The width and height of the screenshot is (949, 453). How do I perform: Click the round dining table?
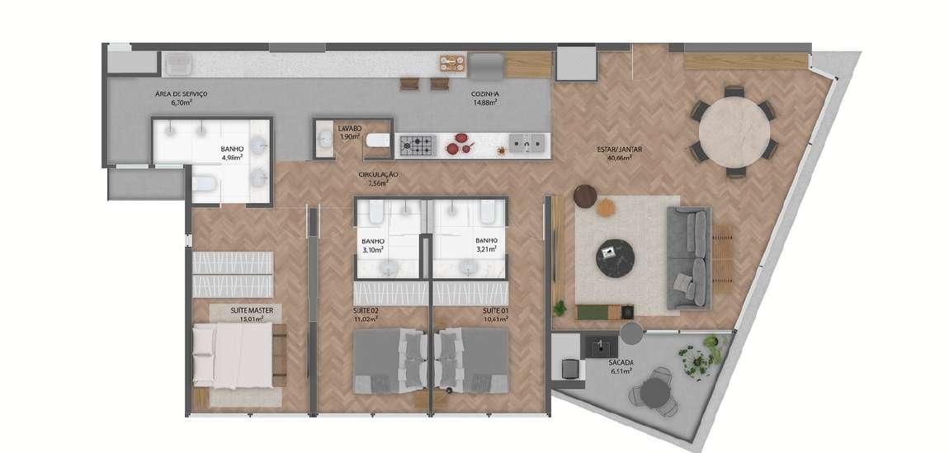pos(734,132)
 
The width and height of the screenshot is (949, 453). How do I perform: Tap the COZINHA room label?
pos(484,94)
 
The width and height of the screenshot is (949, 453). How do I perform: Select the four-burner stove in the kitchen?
pos(417,145)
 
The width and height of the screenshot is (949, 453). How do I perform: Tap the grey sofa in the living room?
pos(689,258)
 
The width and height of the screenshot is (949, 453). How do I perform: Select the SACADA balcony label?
pos(621,363)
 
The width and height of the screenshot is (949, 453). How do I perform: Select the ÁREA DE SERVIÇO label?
pos(182,94)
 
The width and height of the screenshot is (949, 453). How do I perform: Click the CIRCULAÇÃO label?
pos(378,175)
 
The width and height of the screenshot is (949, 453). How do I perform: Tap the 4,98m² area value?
pos(233,158)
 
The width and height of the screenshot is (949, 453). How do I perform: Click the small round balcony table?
pos(655,393)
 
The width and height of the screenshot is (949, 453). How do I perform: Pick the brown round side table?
pos(585,196)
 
